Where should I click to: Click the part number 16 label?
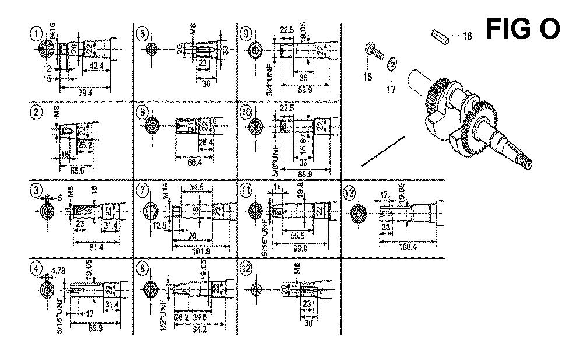point(368,76)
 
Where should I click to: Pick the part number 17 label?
point(392,89)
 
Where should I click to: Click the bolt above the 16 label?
point(374,52)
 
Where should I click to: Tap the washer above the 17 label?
point(392,62)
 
